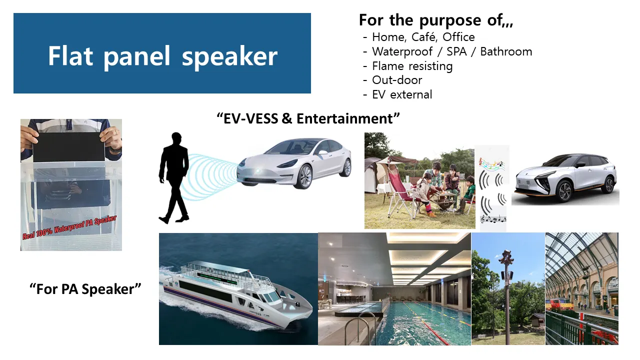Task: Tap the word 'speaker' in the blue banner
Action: pos(229,57)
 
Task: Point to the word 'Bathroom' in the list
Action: pos(506,51)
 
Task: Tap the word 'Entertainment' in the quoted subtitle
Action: pos(345,118)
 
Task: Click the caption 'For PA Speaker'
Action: pos(85,289)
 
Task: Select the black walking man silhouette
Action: pos(174,177)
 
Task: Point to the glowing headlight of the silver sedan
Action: pos(257,171)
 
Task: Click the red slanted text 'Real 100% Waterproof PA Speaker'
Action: pos(69,227)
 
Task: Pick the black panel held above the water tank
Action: pos(68,147)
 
